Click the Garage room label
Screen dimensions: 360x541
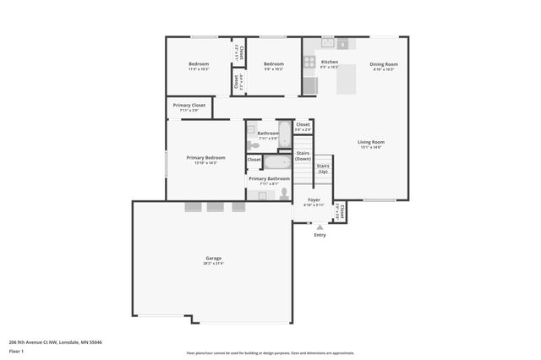click(212, 258)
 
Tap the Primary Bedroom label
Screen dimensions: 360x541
click(205, 157)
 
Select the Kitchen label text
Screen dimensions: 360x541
click(330, 62)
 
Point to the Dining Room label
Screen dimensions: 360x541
click(384, 64)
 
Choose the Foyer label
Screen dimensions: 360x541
click(314, 199)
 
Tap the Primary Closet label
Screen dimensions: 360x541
click(189, 106)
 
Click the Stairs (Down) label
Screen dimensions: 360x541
click(303, 155)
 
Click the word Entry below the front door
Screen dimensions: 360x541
click(320, 235)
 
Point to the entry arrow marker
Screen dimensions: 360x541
click(320, 226)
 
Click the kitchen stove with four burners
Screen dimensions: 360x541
click(309, 62)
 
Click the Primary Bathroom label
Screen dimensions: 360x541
click(269, 178)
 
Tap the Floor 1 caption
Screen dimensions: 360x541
click(17, 351)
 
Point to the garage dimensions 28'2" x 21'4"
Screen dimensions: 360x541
click(212, 263)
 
